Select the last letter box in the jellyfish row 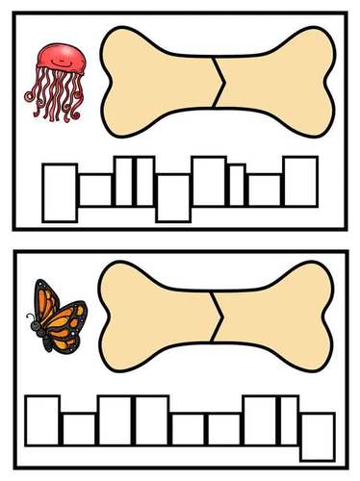(299, 181)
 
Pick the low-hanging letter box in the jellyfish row (172, 196)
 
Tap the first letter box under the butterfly (42, 419)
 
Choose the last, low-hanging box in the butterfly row (318, 434)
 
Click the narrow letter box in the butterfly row (288, 419)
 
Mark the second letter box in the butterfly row (79, 428)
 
